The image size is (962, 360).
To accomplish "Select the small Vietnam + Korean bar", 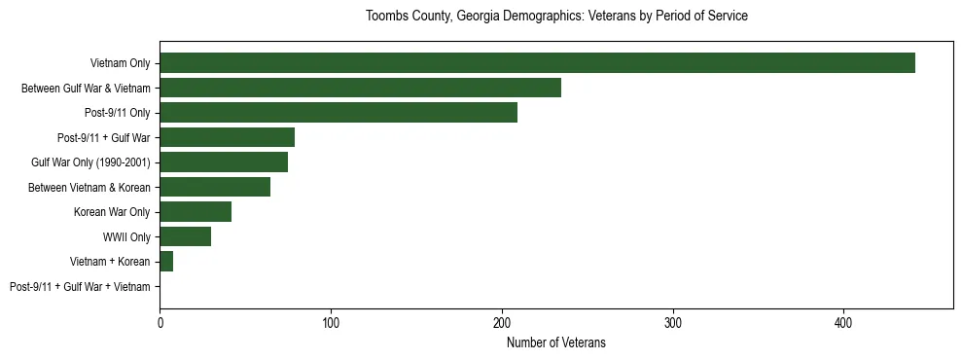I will point(166,262).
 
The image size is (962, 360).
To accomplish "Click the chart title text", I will point(556,17).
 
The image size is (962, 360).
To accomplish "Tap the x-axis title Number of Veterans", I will point(556,342).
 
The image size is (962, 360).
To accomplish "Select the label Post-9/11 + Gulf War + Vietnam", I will point(80,287).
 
